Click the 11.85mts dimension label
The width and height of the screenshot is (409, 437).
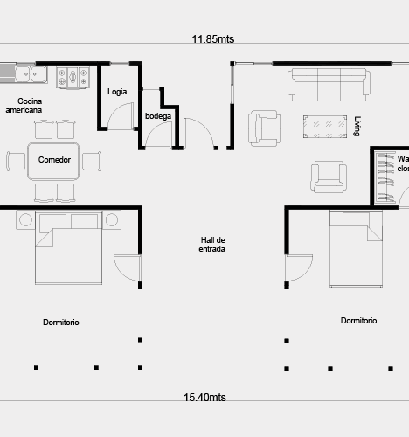click(x=213, y=39)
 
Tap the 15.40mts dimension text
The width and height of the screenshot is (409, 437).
click(x=204, y=398)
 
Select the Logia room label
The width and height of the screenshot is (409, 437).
click(x=117, y=92)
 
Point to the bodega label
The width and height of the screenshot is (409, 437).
click(x=158, y=116)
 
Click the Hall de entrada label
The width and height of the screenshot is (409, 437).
click(x=212, y=245)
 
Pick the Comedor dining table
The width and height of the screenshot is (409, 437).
click(x=53, y=161)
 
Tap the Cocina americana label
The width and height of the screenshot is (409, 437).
click(x=24, y=106)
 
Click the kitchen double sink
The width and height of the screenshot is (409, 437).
click(x=31, y=74)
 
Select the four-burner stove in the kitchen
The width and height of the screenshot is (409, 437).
click(x=73, y=77)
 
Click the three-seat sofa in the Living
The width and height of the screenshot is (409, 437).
click(x=329, y=85)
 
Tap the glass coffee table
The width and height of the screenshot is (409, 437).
click(x=325, y=127)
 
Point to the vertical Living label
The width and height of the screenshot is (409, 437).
click(x=357, y=126)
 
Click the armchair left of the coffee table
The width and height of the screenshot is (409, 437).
click(x=264, y=128)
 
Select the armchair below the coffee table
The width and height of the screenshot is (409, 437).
click(x=329, y=177)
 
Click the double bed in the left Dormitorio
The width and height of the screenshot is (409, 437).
click(x=69, y=247)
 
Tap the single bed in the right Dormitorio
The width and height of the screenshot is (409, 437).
click(x=356, y=249)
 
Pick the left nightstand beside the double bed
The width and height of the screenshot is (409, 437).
click(x=25, y=220)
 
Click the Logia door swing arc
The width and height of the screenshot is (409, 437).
click(x=120, y=111)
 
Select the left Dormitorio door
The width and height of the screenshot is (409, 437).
click(x=128, y=268)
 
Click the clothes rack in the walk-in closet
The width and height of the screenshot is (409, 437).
click(x=385, y=177)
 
